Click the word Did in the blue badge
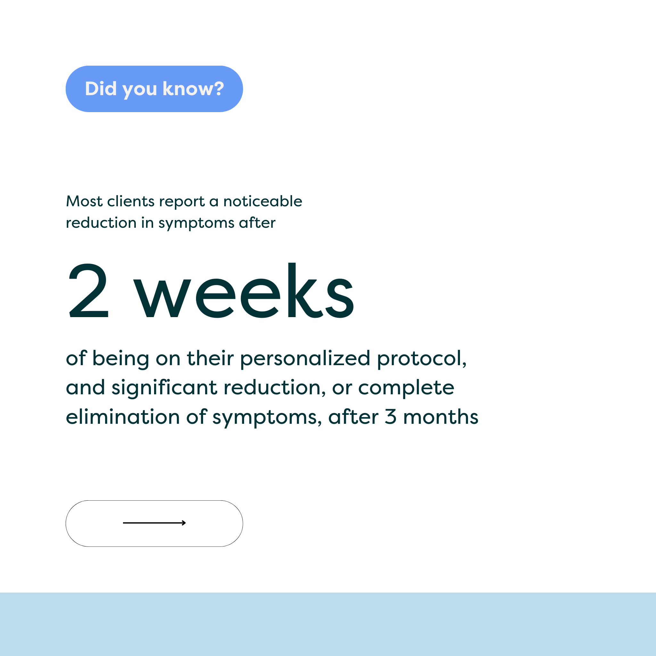[101, 89]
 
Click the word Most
[84, 201]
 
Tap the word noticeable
[263, 201]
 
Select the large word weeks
[243, 290]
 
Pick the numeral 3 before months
[390, 417]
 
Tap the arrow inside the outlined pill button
[154, 522]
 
